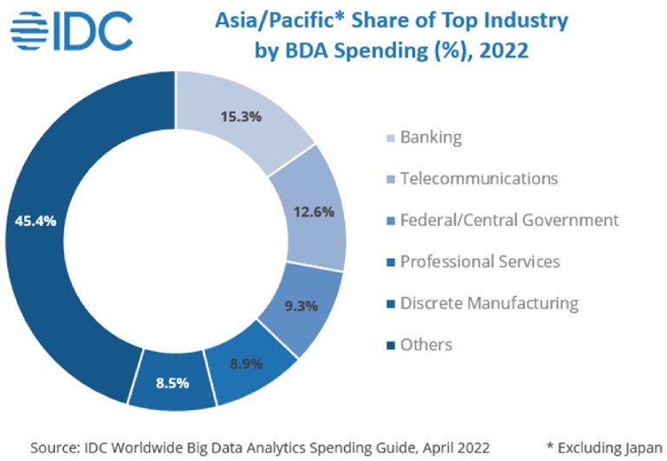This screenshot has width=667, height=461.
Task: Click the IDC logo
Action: (x=73, y=32)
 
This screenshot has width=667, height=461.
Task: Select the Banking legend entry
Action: (x=431, y=137)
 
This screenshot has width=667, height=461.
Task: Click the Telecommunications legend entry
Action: (x=478, y=178)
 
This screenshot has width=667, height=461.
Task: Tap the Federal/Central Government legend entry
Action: (x=509, y=220)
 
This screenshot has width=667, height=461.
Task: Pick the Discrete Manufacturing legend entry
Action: (x=489, y=303)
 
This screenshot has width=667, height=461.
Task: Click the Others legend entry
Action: (x=426, y=344)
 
